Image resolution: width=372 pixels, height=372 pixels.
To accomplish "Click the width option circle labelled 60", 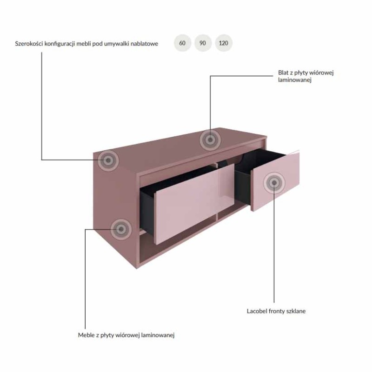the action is click(x=182, y=43).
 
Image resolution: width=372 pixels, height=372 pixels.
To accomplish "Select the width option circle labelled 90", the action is click(x=203, y=43).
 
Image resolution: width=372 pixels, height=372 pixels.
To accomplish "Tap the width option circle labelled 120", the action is click(x=224, y=43).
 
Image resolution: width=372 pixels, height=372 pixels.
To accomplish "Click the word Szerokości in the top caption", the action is click(x=29, y=44).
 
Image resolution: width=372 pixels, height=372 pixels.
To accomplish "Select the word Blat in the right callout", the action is click(x=283, y=73).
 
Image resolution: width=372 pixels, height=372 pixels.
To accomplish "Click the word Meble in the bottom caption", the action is click(x=85, y=335).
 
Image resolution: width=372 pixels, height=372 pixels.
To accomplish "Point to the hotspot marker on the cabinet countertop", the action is click(x=210, y=140).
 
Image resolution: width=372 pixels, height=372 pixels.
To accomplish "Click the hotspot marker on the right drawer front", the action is click(x=274, y=183).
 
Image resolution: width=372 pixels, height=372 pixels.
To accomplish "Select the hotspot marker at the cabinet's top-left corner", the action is click(x=108, y=160).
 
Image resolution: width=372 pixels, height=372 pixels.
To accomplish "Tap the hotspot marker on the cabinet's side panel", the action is click(x=121, y=229).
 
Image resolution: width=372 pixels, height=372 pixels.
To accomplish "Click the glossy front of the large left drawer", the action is click(x=194, y=204).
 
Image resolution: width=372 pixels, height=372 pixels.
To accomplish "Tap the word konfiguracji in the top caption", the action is click(x=60, y=44).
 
